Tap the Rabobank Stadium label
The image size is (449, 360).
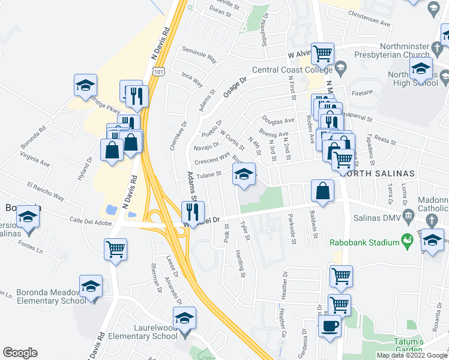pos(364,242)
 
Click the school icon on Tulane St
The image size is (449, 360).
pos(243,175)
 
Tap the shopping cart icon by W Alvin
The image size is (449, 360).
pos(323,54)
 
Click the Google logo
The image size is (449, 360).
pos(20,353)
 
